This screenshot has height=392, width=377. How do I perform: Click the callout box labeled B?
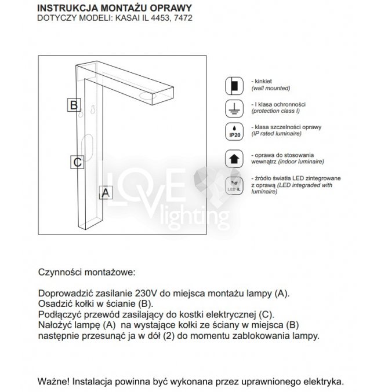click(73, 105)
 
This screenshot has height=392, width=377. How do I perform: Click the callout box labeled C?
click(77, 162)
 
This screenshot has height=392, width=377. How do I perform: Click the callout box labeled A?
click(105, 193)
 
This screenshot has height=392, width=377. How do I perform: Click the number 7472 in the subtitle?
click(183, 19)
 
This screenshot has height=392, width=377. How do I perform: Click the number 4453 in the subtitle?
click(157, 19)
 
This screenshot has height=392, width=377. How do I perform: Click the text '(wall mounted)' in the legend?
click(270, 89)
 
